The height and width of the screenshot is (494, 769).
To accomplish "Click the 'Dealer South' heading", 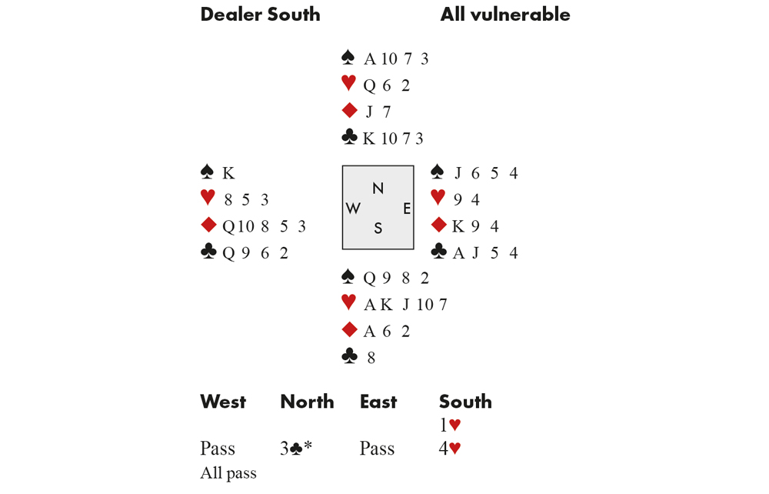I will point(260,15).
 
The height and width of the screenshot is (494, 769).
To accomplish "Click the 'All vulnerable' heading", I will point(505,15).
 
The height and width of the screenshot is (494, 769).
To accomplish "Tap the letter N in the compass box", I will point(378,189).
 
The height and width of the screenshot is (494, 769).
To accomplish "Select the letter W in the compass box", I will point(354,209).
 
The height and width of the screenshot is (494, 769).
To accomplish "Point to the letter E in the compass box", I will point(407,209).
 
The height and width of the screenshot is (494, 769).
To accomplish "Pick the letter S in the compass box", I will point(378,229).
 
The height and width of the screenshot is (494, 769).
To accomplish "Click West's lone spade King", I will point(228,173).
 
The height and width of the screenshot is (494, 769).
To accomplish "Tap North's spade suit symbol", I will point(348,58).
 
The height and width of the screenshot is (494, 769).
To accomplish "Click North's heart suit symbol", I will point(348,84).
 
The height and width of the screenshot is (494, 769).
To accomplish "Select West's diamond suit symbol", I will point(208,225).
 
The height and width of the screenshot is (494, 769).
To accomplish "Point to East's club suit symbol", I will point(438,252).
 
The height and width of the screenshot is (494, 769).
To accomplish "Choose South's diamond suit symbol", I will point(348,330).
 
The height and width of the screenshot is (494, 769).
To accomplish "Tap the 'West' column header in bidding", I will point(223,402).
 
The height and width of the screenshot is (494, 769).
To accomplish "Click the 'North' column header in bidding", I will point(307,402).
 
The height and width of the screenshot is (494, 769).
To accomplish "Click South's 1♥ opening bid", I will point(450,425).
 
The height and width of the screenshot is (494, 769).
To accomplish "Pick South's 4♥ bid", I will point(450,449).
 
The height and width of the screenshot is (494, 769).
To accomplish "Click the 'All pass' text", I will point(228,473).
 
